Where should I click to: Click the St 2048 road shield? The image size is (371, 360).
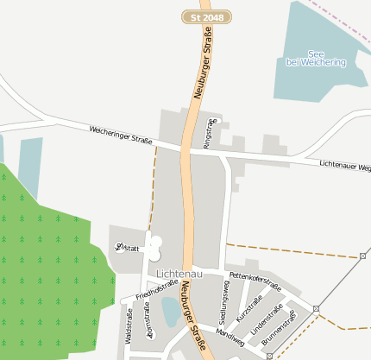pos(207,17)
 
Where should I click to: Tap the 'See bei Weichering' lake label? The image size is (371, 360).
pos(316,58)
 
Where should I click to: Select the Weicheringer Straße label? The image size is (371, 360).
pos(121,135)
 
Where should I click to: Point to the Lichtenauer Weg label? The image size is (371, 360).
pos(344,164)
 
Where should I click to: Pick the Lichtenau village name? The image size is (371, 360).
pos(179,274)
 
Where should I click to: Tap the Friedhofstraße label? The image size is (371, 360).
pos(157,288)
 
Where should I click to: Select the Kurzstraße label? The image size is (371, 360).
pos(248,309)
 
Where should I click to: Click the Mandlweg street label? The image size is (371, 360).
pos(230,337)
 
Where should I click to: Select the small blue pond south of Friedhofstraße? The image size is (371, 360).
pos(171,312)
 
